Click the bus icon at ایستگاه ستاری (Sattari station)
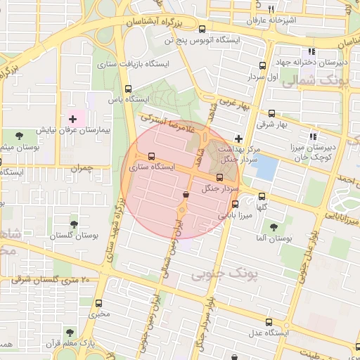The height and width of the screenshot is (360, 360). (151, 156)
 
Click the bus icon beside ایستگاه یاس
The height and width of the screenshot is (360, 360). (127, 89)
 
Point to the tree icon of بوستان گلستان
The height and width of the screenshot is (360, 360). (73, 224)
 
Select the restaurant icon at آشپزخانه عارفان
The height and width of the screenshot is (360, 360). (271, 9)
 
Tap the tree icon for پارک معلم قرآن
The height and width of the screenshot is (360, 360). (69, 332)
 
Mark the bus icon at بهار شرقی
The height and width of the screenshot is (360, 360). (272, 113)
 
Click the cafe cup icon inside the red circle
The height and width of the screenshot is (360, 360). (186, 195)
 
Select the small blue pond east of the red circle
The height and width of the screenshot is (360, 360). (265, 167)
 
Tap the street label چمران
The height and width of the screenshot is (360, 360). (82, 168)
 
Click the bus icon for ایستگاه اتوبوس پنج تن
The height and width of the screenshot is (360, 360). (202, 29)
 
